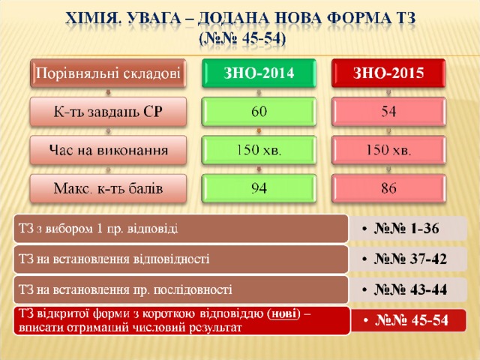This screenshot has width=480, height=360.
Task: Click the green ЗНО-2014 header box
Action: (x=259, y=73)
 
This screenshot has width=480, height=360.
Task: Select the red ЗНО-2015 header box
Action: (x=388, y=73)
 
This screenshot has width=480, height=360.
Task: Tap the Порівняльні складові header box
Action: (x=108, y=73)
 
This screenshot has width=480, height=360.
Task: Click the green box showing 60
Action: (x=259, y=112)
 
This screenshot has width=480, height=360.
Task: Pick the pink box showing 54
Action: (x=388, y=112)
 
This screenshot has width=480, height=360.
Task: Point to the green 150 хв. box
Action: (x=259, y=150)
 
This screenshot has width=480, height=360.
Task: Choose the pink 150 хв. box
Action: (x=388, y=150)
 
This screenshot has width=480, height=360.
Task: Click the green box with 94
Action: (x=259, y=188)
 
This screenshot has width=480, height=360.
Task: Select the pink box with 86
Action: (x=388, y=188)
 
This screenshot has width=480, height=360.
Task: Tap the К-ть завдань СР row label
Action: (x=108, y=112)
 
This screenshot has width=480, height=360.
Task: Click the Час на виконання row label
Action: (x=108, y=150)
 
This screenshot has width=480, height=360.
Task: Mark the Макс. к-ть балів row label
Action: (x=108, y=188)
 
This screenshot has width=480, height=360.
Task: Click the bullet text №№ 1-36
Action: (x=406, y=229)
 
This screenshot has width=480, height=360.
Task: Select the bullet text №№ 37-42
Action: (x=410, y=259)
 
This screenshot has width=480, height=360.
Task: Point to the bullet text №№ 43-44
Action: (x=410, y=289)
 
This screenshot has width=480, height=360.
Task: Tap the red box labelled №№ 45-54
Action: (x=408, y=320)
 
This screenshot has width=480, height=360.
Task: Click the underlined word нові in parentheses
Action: (x=284, y=314)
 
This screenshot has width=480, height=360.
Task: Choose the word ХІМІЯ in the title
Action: (x=91, y=18)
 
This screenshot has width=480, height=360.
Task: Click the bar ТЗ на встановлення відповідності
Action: (x=181, y=259)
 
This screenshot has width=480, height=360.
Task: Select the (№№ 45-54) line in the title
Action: (x=241, y=39)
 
